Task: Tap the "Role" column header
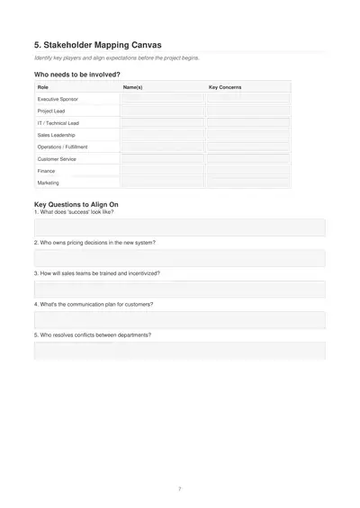pos(42,87)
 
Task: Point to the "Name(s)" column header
pos(132,87)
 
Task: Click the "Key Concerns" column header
pos(225,87)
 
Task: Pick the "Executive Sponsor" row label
pos(57,99)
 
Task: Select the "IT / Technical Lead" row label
pos(58,123)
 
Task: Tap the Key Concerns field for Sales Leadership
pos(247,135)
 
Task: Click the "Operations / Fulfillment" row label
pos(63,147)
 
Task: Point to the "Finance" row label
pos(46,171)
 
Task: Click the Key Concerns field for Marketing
pos(247,183)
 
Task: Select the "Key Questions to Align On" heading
pos(76,204)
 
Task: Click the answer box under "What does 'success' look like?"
pos(179,227)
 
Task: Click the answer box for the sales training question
pos(179,290)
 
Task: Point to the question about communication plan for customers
pos(94,304)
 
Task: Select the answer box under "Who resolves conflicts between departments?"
pos(179,350)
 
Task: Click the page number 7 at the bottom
pos(179,488)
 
